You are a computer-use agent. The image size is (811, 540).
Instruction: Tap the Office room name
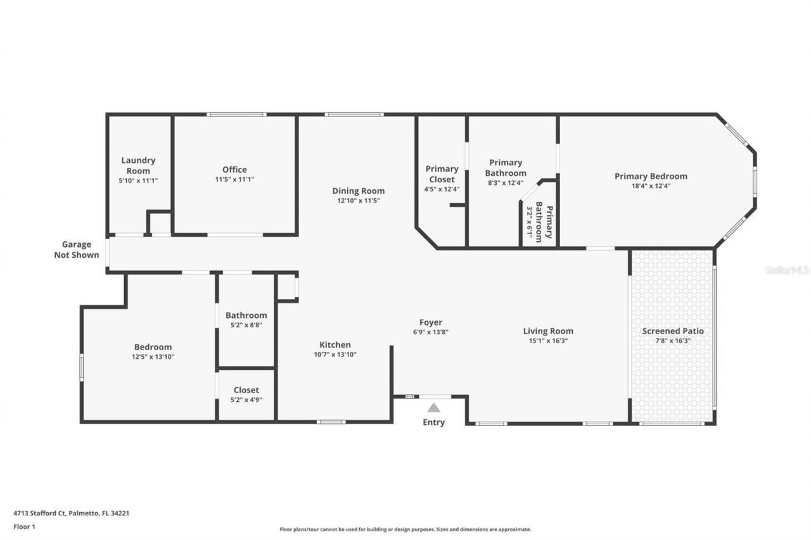point(234,169)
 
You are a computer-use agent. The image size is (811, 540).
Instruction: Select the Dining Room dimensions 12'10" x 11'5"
point(359,201)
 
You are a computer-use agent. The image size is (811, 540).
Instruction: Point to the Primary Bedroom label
point(651,176)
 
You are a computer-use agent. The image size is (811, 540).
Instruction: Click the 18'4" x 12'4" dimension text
point(651,186)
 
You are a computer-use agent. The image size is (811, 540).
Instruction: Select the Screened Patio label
point(673,331)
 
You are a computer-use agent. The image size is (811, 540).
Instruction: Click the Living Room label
point(548,331)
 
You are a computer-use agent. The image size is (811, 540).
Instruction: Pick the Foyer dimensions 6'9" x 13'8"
point(431,332)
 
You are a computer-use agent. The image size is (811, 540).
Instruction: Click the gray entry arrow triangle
point(433,408)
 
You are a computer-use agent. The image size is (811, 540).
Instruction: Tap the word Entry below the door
point(433,422)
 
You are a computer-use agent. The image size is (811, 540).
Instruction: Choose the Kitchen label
point(335,345)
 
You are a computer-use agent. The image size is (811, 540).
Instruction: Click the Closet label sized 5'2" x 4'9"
point(246,390)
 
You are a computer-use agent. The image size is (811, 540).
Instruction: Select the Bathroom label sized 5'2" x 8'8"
point(246,315)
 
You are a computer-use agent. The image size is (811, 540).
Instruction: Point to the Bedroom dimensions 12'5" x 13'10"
point(153,357)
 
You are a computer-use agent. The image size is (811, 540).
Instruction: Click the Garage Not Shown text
point(77,249)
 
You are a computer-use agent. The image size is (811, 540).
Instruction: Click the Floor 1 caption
point(25,526)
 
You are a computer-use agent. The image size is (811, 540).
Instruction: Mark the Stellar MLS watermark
point(787,270)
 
